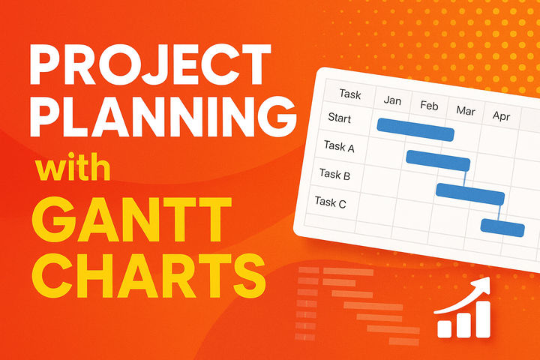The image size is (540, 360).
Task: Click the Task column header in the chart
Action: tap(349, 94)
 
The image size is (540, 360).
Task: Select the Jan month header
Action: tap(394, 100)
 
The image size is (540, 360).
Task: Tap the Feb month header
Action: tap(429, 105)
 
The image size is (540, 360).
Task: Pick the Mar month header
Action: tap(465, 111)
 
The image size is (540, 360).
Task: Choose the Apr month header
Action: tap(500, 116)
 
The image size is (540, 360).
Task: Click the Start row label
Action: tap(340, 118)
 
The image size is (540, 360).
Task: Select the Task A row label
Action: tap(339, 146)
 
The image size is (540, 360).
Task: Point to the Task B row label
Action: tap(334, 174)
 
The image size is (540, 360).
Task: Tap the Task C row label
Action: tap(330, 201)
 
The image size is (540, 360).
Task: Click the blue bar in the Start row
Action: tap(415, 129)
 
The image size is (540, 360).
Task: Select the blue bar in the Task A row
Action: tap(438, 160)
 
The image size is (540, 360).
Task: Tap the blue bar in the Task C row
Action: tap(502, 226)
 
